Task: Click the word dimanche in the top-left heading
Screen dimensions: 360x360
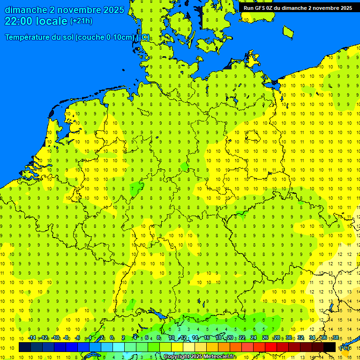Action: pos(25,10)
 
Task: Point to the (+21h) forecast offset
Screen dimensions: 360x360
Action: pos(81,21)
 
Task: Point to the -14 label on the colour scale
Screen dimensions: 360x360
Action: pos(32,338)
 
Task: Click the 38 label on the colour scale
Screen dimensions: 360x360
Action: pos(335,338)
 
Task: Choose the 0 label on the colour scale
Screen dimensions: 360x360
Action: pos(112,338)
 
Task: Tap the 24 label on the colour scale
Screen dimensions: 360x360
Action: pos(254,338)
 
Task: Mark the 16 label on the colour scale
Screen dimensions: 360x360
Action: pos(206,338)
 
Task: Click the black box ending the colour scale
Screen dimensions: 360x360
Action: pos(330,347)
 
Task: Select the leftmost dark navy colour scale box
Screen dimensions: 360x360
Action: pos(24,347)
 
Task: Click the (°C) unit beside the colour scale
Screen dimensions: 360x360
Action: pos(345,348)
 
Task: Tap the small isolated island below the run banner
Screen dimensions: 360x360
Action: pos(288,31)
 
